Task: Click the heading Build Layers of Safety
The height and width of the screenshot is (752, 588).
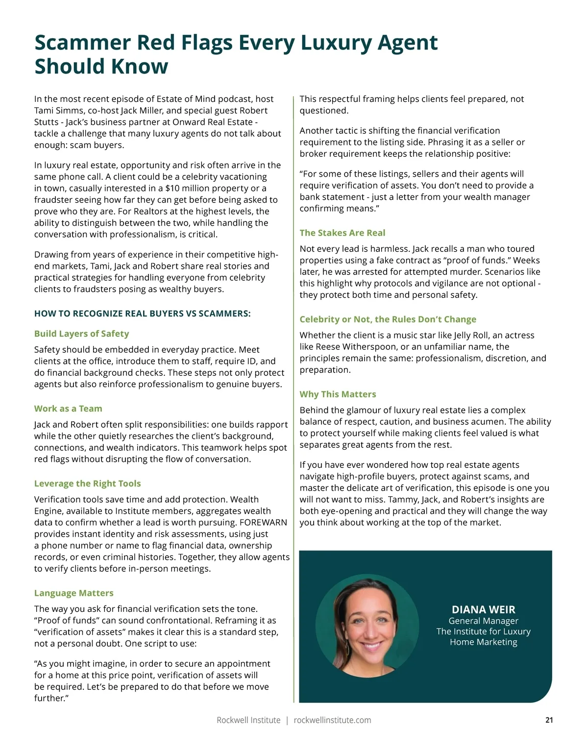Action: (81, 334)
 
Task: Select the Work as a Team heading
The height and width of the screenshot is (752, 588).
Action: (68, 409)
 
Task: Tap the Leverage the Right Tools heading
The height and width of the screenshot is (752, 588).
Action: (87, 484)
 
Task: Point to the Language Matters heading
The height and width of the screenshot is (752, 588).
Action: (73, 593)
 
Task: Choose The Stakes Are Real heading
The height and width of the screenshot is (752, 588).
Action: (342, 233)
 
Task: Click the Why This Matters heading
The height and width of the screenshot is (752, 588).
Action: (338, 394)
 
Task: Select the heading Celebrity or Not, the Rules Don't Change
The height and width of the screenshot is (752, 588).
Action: (388, 319)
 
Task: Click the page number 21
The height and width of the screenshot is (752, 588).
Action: (549, 720)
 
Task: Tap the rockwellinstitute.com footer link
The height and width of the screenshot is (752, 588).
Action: (332, 720)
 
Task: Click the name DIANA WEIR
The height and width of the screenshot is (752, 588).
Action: (483, 610)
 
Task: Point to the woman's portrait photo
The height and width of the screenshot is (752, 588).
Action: (367, 626)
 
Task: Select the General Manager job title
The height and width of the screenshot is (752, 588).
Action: (483, 621)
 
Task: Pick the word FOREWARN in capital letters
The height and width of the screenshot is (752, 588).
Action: (263, 522)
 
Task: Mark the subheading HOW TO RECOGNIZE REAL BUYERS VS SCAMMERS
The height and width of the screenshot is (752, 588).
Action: (142, 314)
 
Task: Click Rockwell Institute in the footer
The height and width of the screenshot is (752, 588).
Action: (248, 720)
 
